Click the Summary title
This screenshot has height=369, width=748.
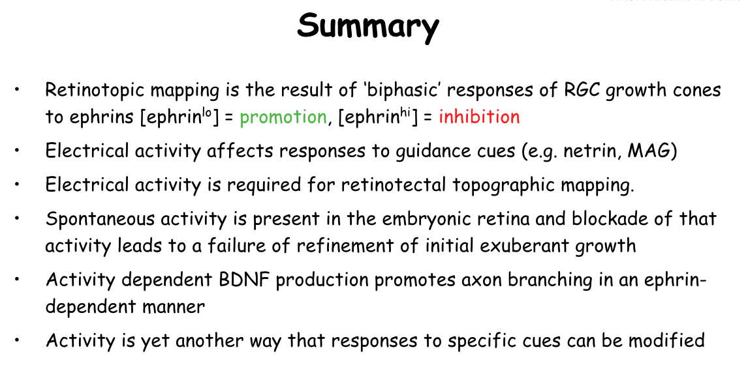[367, 27]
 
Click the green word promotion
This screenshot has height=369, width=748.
[283, 117]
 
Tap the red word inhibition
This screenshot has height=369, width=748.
[479, 116]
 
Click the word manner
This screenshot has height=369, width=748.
[174, 306]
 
